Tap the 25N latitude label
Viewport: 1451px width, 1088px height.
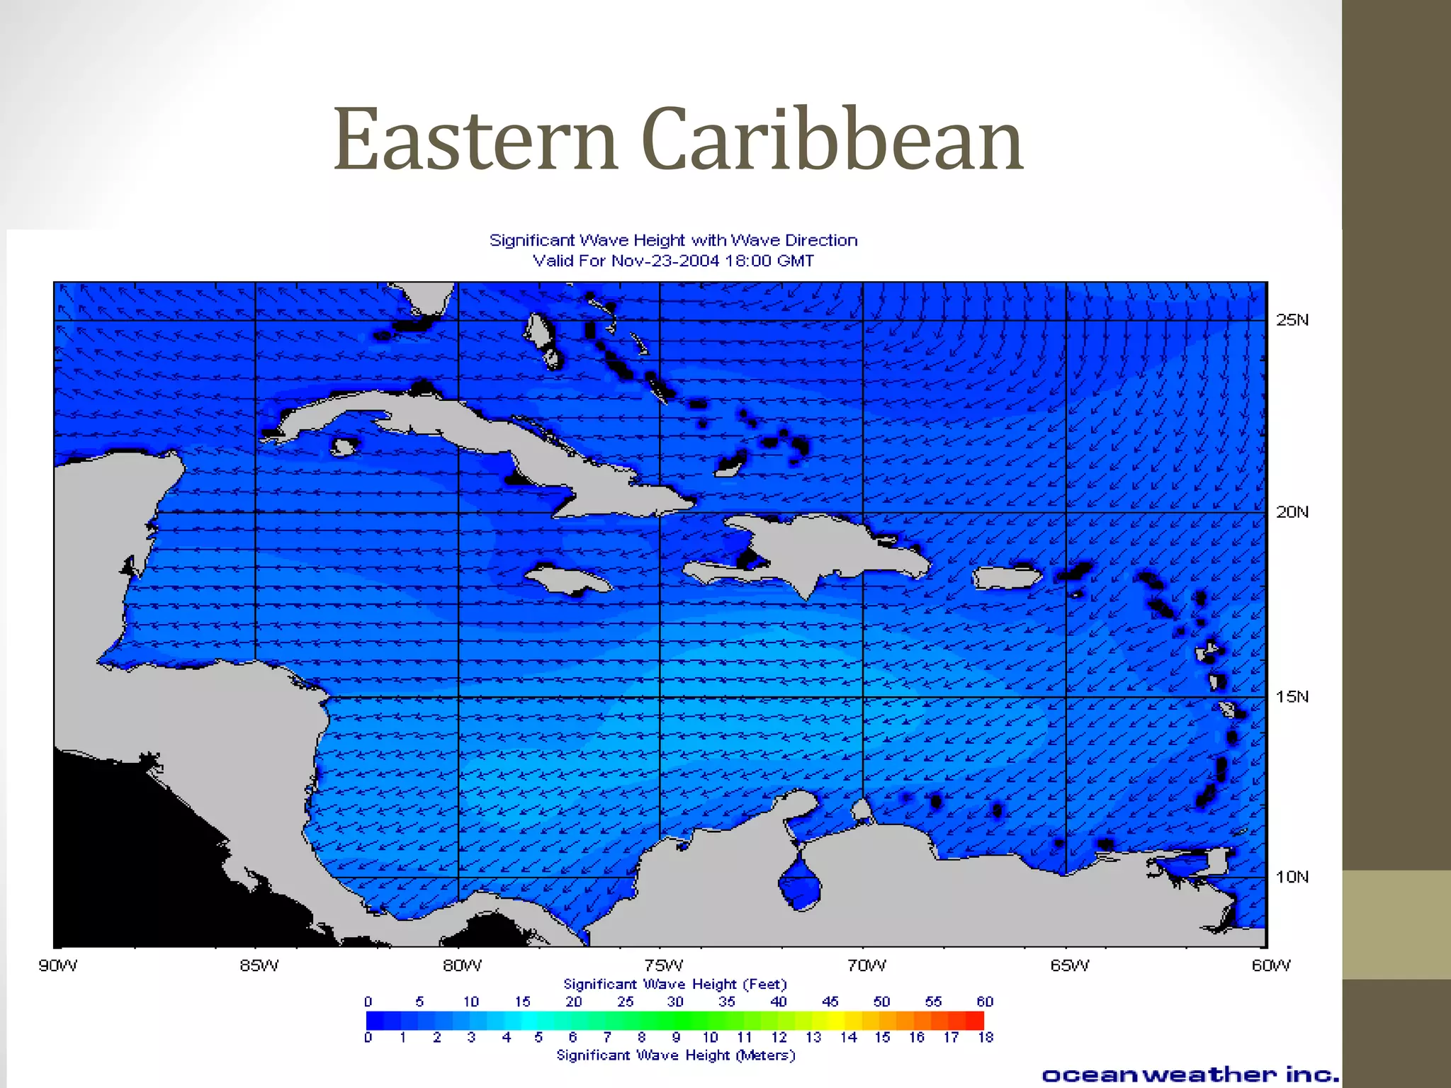point(1292,320)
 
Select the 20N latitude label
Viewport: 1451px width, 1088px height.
point(1292,512)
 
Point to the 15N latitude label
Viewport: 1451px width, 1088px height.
point(1292,697)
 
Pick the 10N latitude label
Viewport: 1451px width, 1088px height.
point(1292,877)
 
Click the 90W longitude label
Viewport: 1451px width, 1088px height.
point(58,965)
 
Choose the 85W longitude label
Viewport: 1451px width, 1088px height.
point(259,965)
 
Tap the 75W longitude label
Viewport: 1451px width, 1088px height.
point(664,965)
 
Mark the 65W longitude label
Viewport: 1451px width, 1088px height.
point(1070,965)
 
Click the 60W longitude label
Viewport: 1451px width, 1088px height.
point(1271,965)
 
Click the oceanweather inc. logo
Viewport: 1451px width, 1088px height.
point(1190,1075)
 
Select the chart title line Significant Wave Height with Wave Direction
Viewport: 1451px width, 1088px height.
point(673,241)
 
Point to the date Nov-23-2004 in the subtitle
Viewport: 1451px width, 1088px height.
point(665,261)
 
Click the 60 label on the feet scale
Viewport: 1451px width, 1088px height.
point(985,1002)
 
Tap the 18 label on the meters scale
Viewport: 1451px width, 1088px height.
point(986,1037)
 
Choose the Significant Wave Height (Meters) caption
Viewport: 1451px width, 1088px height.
point(676,1055)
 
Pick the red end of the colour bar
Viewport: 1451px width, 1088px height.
point(975,1020)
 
